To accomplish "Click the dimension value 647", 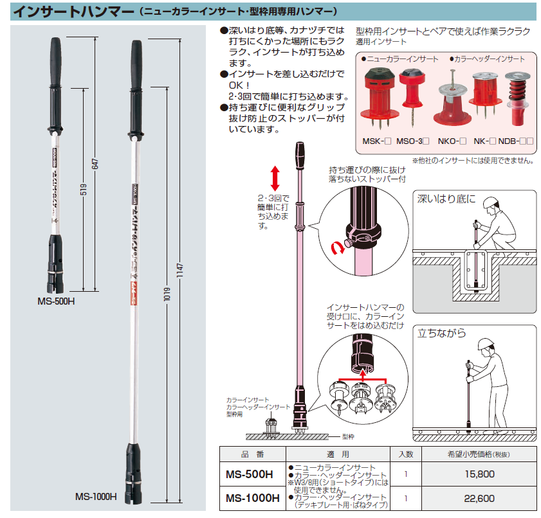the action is coord(95,164).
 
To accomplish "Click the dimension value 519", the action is coord(84,189).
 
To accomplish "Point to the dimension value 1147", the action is coord(179,271).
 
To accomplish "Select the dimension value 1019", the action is coord(167,294).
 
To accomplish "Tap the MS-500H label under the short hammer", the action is coord(56,301).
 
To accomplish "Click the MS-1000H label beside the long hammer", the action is coord(96,497).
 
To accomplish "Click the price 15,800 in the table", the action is coord(479,474).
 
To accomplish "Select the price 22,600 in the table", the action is coord(479,498).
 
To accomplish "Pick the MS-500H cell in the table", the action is coord(250,474).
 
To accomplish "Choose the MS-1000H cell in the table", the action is coord(253,498).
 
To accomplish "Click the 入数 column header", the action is coord(406,454).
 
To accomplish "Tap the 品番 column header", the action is coord(252,454).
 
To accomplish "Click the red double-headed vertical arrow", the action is coord(275,178).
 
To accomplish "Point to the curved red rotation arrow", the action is coord(338,248).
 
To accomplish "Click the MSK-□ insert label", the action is coord(376,141).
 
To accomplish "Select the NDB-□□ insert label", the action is coord(516,141).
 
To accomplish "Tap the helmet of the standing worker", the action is coord(487,344).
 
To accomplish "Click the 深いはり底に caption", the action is coord(446,199).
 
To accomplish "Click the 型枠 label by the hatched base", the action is coord(348,436).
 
